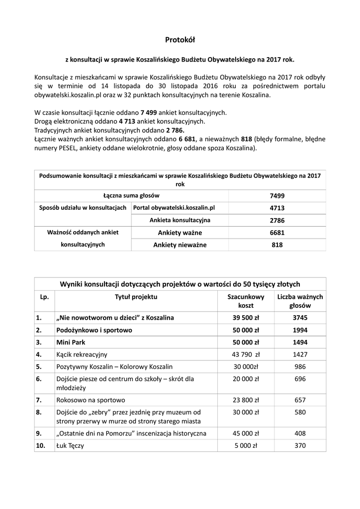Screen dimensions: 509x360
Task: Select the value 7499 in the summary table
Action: (277, 196)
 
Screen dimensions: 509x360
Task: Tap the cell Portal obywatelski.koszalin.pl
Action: (173, 208)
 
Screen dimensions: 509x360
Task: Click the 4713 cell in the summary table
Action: (277, 208)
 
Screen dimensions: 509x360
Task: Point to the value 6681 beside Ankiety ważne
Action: (277, 232)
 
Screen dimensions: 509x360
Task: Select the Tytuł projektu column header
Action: (136, 297)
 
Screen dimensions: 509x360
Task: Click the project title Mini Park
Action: (71, 342)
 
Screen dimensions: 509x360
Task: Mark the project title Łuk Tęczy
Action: (71, 446)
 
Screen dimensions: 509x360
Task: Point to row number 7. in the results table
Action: (39, 400)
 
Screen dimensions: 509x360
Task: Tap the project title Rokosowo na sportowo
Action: (91, 400)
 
